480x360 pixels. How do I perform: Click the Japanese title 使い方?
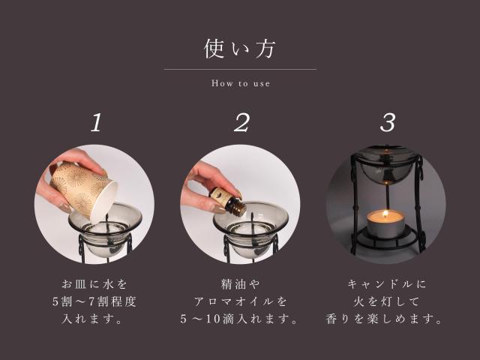click(x=240, y=49)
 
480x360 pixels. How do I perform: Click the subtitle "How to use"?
click(x=240, y=83)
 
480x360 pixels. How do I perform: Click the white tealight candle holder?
click(x=385, y=227)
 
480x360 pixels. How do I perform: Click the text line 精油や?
click(x=240, y=284)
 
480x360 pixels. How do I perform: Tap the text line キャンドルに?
click(x=386, y=284)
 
